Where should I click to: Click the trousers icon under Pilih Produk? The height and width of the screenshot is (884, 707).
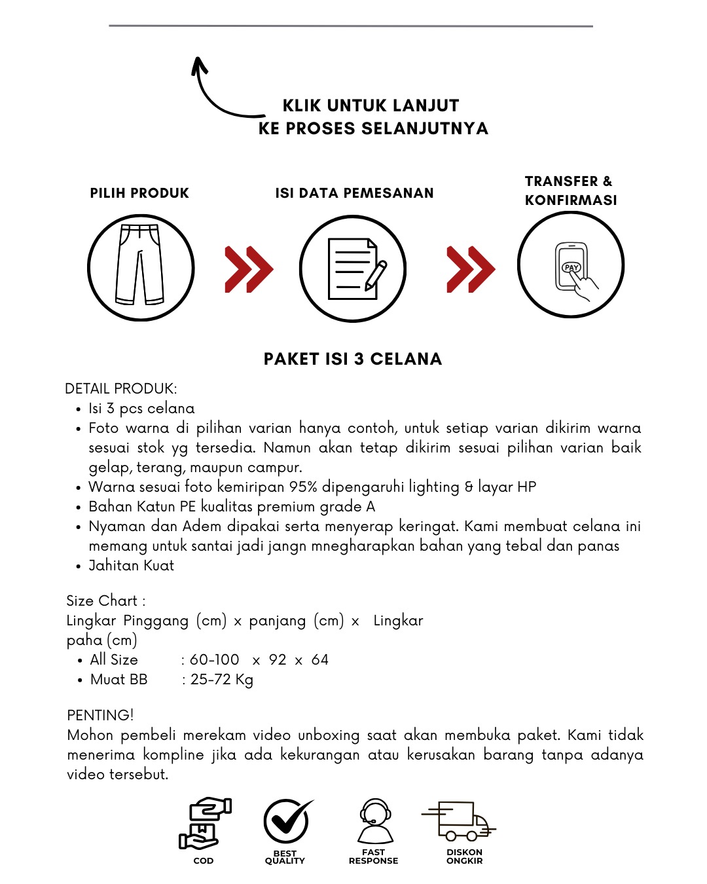pos(141,267)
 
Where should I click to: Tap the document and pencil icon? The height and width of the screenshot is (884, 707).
pos(353,268)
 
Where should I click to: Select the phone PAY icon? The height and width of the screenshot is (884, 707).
pos(571,265)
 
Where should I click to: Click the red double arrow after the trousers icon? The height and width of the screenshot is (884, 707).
pos(249,269)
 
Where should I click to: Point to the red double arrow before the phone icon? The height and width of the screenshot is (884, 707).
pos(471,269)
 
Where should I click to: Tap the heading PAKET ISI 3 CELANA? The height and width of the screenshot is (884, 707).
pos(353,359)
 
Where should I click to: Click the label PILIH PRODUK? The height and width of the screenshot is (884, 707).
pos(139,193)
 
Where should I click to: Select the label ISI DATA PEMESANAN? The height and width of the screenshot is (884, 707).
pos(354,193)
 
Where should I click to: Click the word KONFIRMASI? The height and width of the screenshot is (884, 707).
pos(571,200)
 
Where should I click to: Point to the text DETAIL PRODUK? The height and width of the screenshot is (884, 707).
pos(121,389)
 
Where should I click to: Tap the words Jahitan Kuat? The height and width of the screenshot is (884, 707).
pos(132,566)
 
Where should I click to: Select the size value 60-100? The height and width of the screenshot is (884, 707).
pos(215,660)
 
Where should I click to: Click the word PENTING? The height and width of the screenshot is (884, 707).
pos(100,715)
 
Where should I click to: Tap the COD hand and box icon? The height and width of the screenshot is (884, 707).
pos(204,824)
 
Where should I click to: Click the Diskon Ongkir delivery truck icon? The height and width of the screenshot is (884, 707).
pos(460,821)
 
